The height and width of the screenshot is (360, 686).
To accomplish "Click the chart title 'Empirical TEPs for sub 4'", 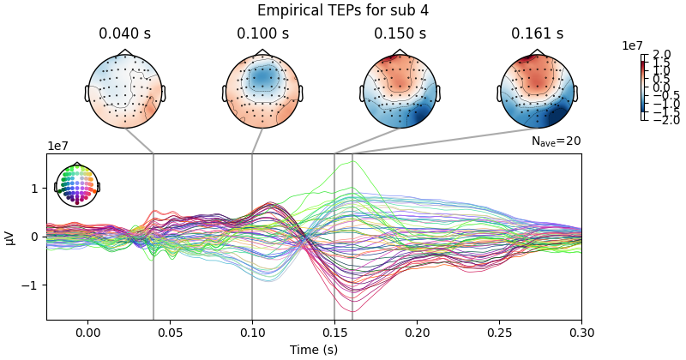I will [x=343, y=10].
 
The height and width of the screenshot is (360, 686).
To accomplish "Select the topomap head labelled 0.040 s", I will [x=125, y=92].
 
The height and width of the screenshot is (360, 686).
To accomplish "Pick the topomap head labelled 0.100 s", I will [x=263, y=92].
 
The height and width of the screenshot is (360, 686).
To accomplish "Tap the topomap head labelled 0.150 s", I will [x=400, y=92].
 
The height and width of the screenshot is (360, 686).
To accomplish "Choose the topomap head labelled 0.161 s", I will [x=538, y=92].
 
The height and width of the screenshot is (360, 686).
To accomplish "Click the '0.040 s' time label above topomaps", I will [x=125, y=34].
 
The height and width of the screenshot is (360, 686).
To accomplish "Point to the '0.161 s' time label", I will [x=538, y=34].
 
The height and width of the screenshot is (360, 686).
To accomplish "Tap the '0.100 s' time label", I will [x=263, y=34].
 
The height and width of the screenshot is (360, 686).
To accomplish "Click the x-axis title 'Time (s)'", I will [x=313, y=349].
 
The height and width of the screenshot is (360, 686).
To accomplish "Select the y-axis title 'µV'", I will [x=10, y=237].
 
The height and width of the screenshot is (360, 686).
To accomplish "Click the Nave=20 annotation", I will [x=556, y=141].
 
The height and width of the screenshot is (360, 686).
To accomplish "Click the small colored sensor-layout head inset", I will [x=77, y=184].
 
